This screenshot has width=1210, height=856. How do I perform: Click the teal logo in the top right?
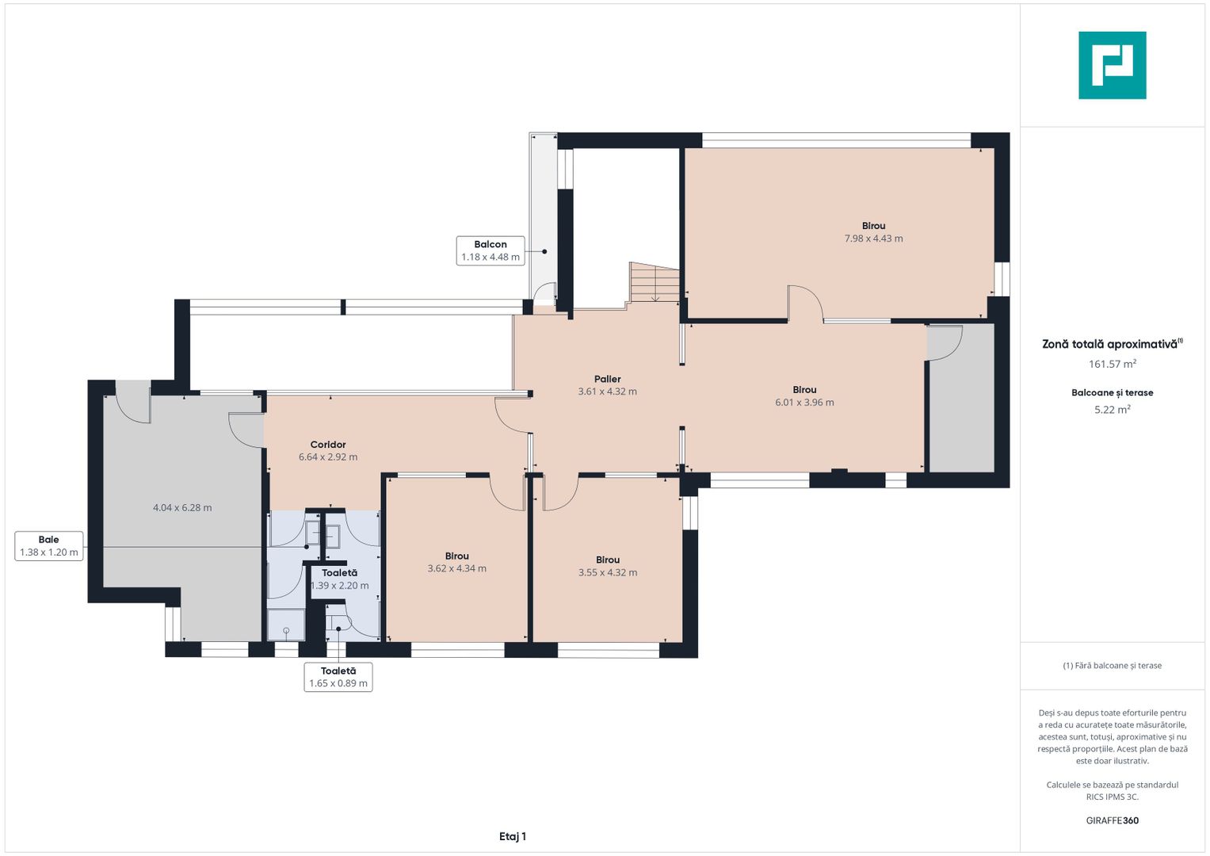click(x=1112, y=65)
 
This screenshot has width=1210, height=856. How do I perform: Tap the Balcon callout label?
click(x=490, y=250)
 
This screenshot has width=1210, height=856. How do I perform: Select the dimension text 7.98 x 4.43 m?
click(x=873, y=239)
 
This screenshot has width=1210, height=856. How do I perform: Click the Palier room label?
click(x=608, y=379)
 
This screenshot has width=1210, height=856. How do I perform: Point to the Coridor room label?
click(x=328, y=445)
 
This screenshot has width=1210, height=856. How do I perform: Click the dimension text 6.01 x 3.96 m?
click(x=804, y=403)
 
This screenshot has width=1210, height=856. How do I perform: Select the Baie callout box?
click(x=49, y=546)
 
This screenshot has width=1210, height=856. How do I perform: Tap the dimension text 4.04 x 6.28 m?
click(x=182, y=508)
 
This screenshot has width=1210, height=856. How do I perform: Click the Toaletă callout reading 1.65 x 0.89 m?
click(x=338, y=677)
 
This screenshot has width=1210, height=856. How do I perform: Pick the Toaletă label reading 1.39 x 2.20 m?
click(x=339, y=579)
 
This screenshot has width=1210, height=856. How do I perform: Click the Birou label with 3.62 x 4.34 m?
click(x=457, y=562)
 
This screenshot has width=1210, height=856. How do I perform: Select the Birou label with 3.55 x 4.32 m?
click(x=608, y=566)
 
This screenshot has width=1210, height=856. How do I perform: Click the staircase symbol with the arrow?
click(x=655, y=283)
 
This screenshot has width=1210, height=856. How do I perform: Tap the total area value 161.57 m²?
click(x=1112, y=365)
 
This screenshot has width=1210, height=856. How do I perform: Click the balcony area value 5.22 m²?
click(x=1112, y=410)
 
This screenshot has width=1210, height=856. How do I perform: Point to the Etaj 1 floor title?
click(x=513, y=836)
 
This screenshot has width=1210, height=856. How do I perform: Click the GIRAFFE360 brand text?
click(x=1112, y=820)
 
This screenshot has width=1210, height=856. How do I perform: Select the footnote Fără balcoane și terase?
click(x=1112, y=666)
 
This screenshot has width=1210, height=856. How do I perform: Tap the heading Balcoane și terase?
click(x=1112, y=392)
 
